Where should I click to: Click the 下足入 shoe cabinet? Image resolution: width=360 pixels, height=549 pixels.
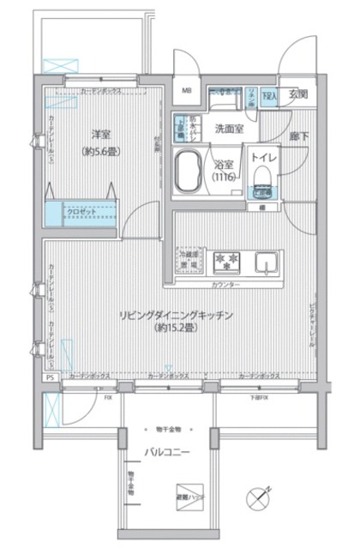pos(270,95)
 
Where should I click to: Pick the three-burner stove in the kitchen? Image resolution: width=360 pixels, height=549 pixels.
pos(228,260)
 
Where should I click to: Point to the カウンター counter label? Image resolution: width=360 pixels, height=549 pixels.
pos(225,284)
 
